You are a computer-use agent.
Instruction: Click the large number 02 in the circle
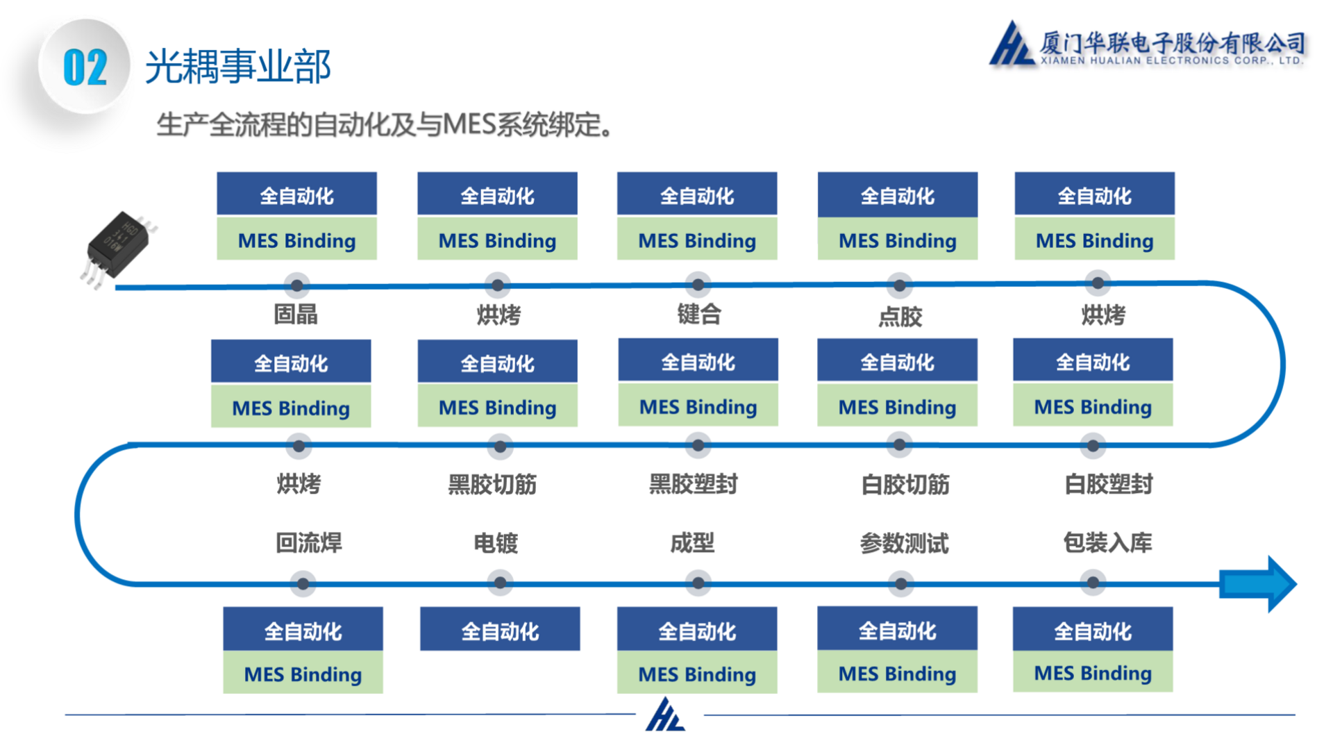(85, 68)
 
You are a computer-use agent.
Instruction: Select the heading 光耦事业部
(237, 67)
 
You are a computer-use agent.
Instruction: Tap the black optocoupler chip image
(118, 247)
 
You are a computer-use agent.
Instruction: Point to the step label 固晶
(296, 315)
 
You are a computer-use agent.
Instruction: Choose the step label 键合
(698, 315)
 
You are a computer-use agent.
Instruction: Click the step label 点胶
(900, 317)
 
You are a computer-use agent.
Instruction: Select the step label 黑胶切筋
(492, 484)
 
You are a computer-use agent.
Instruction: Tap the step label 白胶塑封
(1108, 484)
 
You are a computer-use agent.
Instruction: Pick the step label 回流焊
(309, 542)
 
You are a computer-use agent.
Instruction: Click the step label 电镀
(496, 542)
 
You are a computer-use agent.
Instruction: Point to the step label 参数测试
(904, 543)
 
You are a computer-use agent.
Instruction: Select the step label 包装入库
(1107, 542)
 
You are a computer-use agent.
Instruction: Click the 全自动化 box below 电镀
(500, 629)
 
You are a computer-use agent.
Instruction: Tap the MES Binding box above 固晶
(296, 240)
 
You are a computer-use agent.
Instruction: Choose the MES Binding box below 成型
(697, 674)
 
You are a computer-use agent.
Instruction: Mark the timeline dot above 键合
(698, 284)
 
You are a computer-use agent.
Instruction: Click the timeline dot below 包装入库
(1093, 583)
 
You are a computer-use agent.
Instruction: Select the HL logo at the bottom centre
(665, 715)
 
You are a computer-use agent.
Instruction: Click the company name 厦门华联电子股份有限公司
(1172, 43)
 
